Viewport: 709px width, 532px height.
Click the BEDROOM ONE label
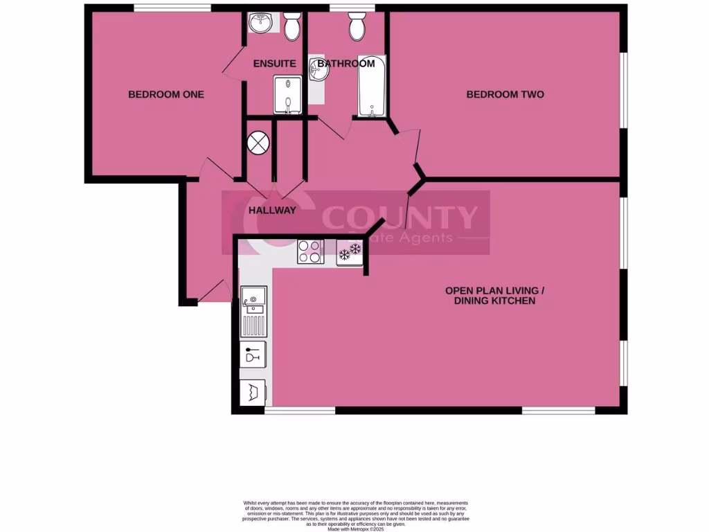[166, 94]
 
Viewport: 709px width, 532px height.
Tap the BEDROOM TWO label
[505, 94]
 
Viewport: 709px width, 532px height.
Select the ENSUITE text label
[274, 64]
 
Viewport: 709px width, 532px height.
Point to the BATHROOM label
[346, 64]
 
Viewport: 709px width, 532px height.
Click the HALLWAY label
[272, 211]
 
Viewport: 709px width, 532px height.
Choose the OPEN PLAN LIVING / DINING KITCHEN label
[490, 296]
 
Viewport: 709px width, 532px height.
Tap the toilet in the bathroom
[359, 26]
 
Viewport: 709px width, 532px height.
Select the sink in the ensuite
[262, 24]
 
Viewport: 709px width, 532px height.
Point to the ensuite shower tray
[288, 95]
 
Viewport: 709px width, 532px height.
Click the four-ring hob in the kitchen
[309, 251]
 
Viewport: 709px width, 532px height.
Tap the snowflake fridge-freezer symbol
[350, 251]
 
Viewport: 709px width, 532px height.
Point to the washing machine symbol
[251, 393]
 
